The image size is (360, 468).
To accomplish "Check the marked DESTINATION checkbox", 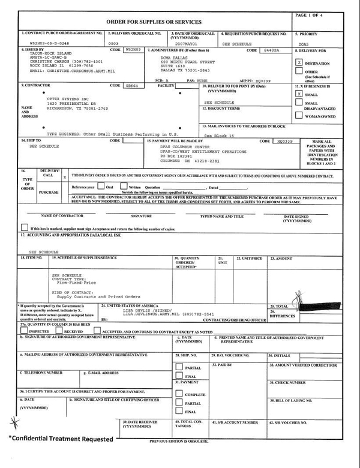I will pos(299,62).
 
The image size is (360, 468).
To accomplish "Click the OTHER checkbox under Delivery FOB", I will pos(299,72).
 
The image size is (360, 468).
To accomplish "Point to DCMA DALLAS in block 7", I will pos(174,58).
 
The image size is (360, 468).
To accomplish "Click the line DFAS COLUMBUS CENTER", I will pos(185,147).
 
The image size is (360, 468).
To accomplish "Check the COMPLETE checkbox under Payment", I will pos(179,394).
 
